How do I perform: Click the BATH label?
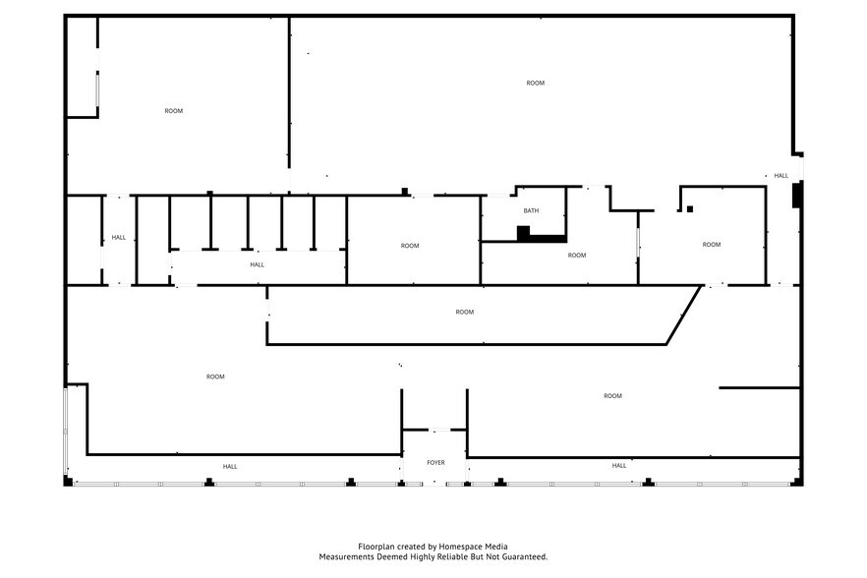pyautogui.click(x=531, y=210)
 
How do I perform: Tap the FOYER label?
pyautogui.click(x=435, y=462)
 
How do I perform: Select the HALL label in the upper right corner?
pyautogui.click(x=781, y=176)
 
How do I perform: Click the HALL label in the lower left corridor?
pyautogui.click(x=230, y=467)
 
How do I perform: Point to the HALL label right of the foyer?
pyautogui.click(x=619, y=466)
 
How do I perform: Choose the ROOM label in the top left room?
pyautogui.click(x=174, y=111)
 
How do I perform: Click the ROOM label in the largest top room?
pyautogui.click(x=535, y=83)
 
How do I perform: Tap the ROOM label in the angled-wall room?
pyautogui.click(x=464, y=312)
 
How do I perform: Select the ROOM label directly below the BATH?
pyautogui.click(x=577, y=256)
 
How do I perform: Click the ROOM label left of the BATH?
pyautogui.click(x=410, y=246)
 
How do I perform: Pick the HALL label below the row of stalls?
pyautogui.click(x=258, y=265)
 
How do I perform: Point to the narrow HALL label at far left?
pyautogui.click(x=119, y=238)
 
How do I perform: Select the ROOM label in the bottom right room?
pyautogui.click(x=612, y=396)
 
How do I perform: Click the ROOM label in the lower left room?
pyautogui.click(x=215, y=376)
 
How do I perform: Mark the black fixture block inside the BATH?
pyautogui.click(x=523, y=233)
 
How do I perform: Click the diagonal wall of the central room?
pyautogui.click(x=684, y=315)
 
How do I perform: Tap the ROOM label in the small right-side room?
pyautogui.click(x=712, y=245)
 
